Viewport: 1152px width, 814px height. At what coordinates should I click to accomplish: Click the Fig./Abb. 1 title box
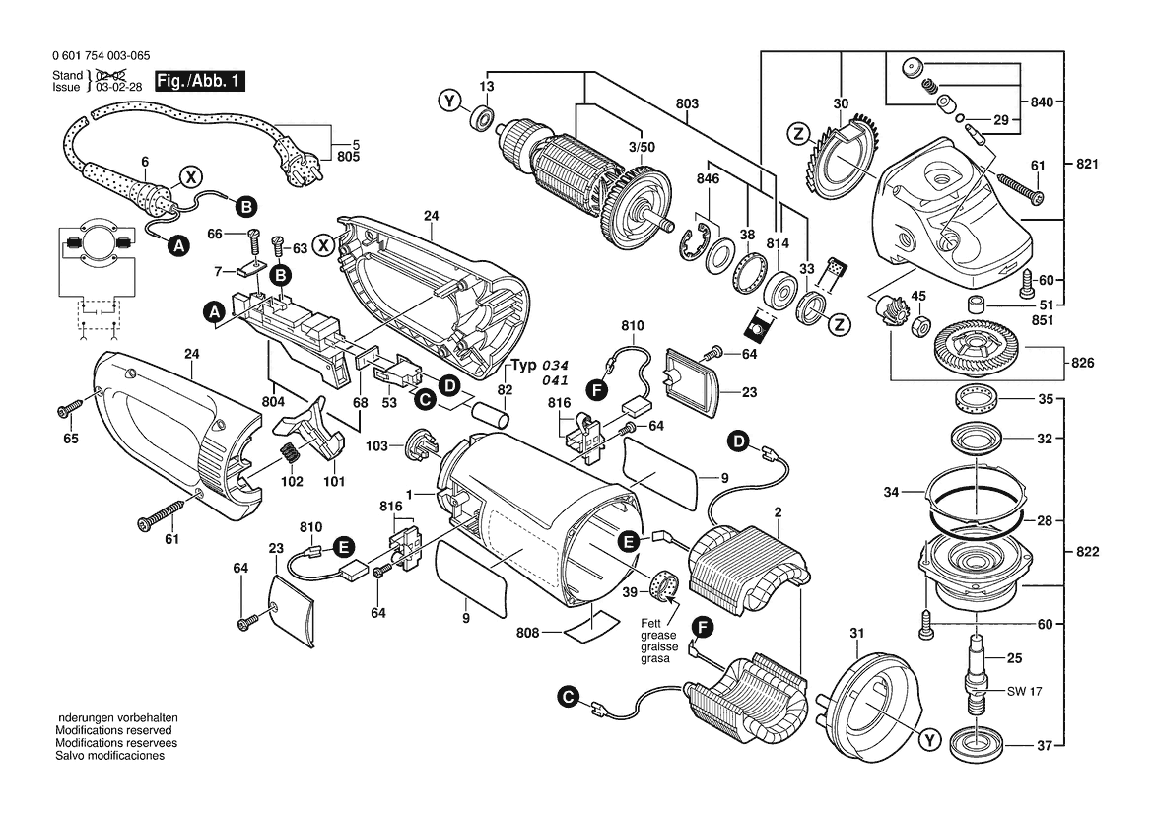pyautogui.click(x=200, y=81)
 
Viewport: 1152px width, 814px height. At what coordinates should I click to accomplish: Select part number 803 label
pyautogui.click(x=687, y=103)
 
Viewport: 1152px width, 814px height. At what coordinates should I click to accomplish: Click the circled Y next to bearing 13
pyautogui.click(x=449, y=100)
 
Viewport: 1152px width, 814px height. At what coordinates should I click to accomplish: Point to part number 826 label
pyautogui.click(x=1083, y=363)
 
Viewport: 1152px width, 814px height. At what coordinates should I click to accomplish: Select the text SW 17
pyautogui.click(x=1024, y=692)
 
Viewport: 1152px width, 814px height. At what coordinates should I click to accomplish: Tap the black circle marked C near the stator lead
pyautogui.click(x=568, y=697)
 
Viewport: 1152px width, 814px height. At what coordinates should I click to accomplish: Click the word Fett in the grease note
pyautogui.click(x=651, y=623)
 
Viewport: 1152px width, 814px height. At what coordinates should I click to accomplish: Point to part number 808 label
pyautogui.click(x=527, y=633)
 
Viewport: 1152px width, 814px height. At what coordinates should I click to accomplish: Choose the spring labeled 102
pyautogui.click(x=290, y=455)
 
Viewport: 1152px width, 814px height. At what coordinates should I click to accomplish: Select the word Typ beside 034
pyautogui.click(x=524, y=366)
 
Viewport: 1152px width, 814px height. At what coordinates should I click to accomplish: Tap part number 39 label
pyautogui.click(x=630, y=592)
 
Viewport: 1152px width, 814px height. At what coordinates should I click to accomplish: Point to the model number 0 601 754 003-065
pyautogui.click(x=101, y=56)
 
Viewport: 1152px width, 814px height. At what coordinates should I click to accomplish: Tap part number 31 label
pyautogui.click(x=857, y=633)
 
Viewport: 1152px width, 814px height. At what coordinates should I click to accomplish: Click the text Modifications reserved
pyautogui.click(x=114, y=730)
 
